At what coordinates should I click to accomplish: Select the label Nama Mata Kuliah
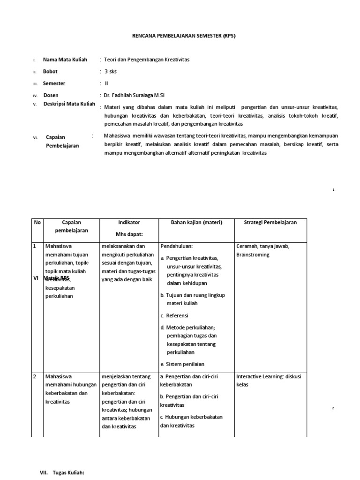[65, 60]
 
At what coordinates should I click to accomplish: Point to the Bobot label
[50, 72]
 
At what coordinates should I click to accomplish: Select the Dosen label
[51, 95]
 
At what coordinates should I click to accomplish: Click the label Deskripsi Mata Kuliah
[69, 104]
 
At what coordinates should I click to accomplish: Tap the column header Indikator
[129, 222]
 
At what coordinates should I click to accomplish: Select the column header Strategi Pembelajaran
[270, 222]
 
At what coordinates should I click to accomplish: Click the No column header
[37, 222]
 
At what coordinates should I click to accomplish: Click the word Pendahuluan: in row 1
[177, 246]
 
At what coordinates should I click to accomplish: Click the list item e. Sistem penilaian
[182, 364]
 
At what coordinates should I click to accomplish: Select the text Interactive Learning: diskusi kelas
[269, 380]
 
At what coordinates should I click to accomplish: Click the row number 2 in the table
[34, 376]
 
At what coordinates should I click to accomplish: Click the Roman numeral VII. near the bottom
[44, 473]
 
